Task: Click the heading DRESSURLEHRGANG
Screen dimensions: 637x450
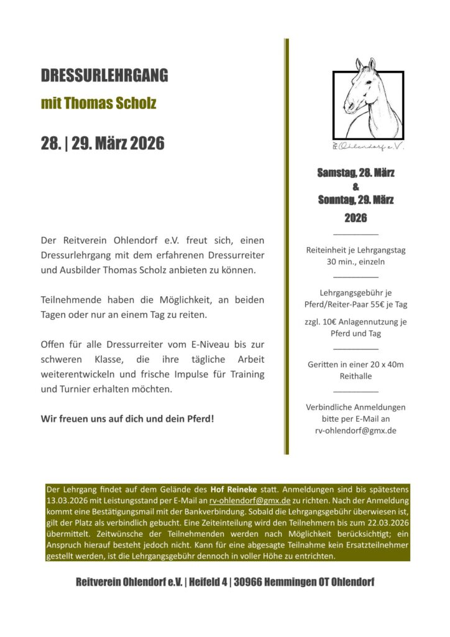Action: pyautogui.click(x=104, y=76)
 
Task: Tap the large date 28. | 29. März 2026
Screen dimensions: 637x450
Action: pyautogui.click(x=103, y=143)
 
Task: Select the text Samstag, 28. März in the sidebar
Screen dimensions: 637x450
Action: pyautogui.click(x=356, y=173)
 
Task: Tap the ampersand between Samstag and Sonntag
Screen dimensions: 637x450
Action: pyautogui.click(x=356, y=187)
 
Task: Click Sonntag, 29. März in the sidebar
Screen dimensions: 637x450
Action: pyautogui.click(x=356, y=200)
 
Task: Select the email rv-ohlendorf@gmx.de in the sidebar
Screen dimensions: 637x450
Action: pyautogui.click(x=356, y=430)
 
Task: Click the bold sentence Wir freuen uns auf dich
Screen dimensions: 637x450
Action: pyautogui.click(x=127, y=418)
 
